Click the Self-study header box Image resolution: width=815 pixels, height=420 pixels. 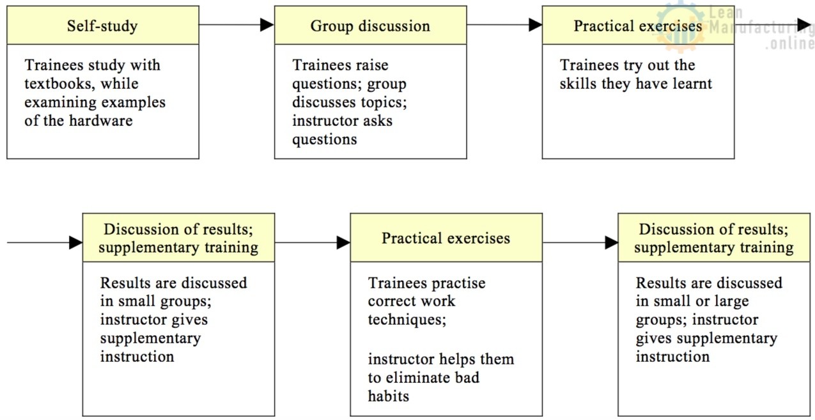click(x=102, y=26)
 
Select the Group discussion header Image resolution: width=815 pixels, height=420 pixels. click(x=370, y=26)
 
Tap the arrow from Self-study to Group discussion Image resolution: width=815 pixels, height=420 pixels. click(x=237, y=25)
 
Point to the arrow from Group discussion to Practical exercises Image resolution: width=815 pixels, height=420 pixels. click(x=504, y=25)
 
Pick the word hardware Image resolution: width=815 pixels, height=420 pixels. click(x=98, y=121)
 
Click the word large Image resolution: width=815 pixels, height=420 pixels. click(x=730, y=301)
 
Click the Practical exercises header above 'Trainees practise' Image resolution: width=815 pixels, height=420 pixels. click(x=446, y=238)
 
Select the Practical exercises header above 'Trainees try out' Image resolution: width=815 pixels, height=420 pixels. click(x=638, y=26)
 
